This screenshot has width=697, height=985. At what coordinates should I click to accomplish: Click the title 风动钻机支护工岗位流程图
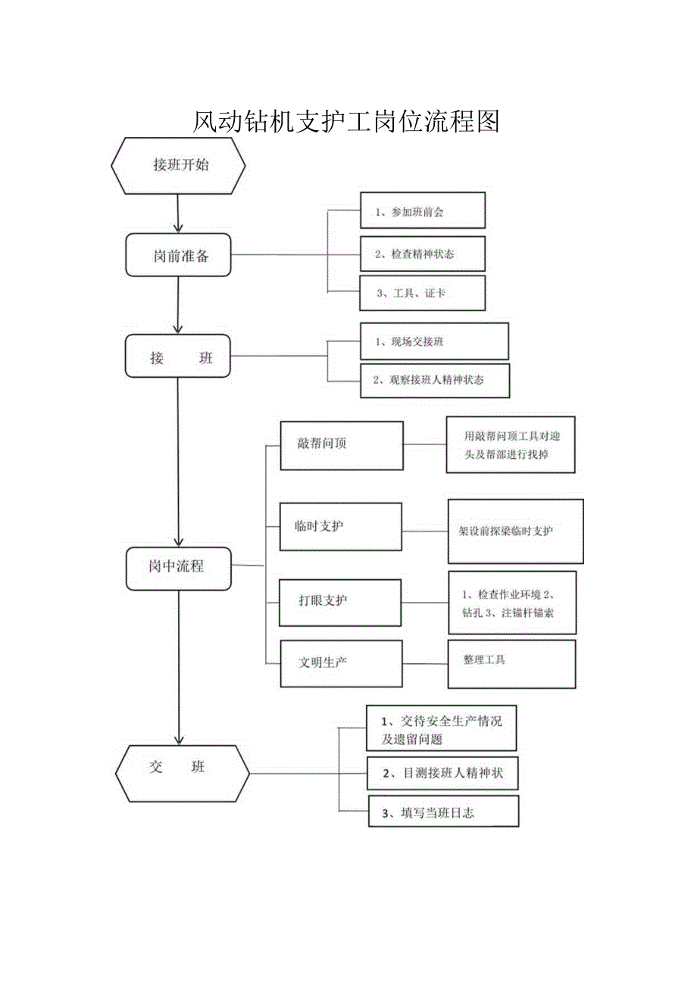(x=345, y=121)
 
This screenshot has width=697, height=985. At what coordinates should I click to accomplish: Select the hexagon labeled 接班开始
(x=179, y=165)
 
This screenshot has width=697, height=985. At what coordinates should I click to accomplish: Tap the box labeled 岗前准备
(x=179, y=255)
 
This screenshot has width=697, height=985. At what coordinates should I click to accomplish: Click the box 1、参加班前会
(x=422, y=211)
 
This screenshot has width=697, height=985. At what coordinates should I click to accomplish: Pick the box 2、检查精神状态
(x=422, y=254)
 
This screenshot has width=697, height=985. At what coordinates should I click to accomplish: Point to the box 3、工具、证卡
(x=422, y=293)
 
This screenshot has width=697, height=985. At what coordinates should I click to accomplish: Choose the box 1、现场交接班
(x=434, y=341)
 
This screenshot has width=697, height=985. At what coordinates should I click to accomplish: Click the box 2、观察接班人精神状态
(x=434, y=380)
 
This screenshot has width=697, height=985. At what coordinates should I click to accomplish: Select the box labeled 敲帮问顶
(x=341, y=445)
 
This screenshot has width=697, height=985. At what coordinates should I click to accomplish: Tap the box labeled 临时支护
(x=340, y=526)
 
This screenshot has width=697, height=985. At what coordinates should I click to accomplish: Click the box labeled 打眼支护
(x=340, y=603)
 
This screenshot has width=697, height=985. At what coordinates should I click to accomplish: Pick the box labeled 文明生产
(x=341, y=663)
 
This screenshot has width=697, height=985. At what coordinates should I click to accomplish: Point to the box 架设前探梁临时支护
(x=515, y=531)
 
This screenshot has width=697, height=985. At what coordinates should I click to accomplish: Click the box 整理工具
(x=511, y=664)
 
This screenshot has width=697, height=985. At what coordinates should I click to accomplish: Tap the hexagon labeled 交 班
(x=182, y=773)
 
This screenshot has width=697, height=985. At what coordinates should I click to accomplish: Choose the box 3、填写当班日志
(x=444, y=812)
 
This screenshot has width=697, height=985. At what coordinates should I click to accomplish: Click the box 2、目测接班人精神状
(x=442, y=773)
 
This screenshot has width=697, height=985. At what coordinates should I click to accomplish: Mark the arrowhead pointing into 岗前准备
(x=178, y=227)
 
